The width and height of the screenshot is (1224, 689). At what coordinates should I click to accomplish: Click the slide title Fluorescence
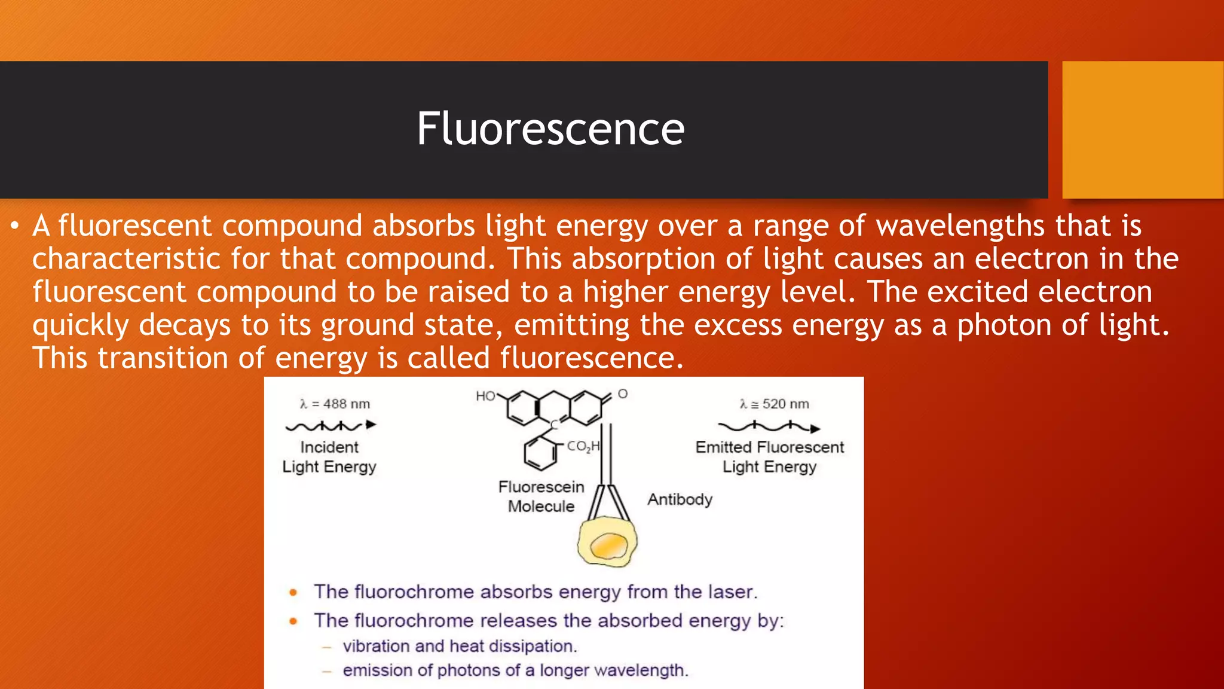tap(550, 129)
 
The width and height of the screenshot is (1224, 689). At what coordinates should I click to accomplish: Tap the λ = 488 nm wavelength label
tap(335, 404)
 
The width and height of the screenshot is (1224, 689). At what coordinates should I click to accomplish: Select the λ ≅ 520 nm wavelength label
tap(774, 404)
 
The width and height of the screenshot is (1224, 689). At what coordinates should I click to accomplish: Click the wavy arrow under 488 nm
tap(331, 426)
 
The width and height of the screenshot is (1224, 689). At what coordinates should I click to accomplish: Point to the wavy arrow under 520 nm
tap(769, 427)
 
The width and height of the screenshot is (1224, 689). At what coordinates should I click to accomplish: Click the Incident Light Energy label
tap(329, 457)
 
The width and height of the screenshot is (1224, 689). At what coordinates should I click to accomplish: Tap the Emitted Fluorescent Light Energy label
tap(769, 457)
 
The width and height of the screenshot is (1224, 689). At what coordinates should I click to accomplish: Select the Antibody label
tap(680, 499)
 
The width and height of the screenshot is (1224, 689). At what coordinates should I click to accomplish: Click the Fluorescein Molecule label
tap(541, 496)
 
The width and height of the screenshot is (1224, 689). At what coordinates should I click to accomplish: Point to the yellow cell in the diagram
tap(606, 542)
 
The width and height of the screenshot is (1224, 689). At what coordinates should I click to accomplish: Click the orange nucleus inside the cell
tap(609, 545)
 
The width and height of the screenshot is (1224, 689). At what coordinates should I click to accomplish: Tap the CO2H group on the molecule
tap(583, 446)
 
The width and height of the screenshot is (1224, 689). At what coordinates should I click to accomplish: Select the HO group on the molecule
tap(485, 396)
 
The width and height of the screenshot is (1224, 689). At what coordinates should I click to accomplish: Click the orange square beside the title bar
tap(1143, 129)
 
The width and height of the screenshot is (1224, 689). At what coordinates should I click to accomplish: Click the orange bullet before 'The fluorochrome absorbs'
tap(293, 593)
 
